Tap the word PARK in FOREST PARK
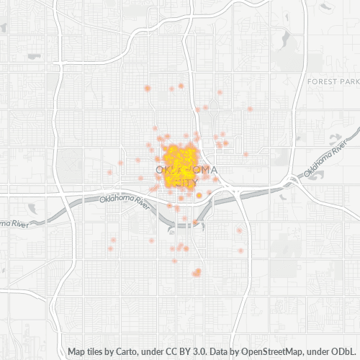(x=347, y=82)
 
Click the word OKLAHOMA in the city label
(x=186, y=170)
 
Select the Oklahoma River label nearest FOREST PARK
(x=328, y=166)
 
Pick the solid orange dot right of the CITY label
(x=199, y=185)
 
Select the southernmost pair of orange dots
(x=197, y=272)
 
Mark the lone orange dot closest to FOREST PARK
(x=250, y=109)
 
